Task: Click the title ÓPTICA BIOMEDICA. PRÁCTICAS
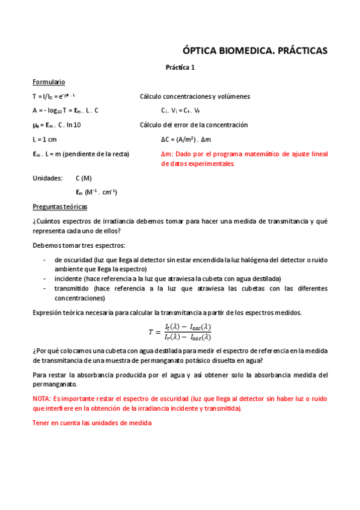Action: click(255, 51)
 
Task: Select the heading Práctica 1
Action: click(180, 68)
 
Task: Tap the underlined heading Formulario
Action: click(49, 82)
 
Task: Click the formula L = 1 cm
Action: click(44, 139)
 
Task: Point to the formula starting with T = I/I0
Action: click(54, 96)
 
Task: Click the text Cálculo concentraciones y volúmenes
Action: click(195, 96)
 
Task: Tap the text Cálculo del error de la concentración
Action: click(194, 124)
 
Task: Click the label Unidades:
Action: click(47, 179)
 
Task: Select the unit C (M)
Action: click(84, 179)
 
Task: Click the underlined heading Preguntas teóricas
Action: click(59, 207)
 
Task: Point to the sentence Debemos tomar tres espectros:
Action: click(79, 245)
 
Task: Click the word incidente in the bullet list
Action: click(68, 278)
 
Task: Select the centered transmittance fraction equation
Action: click(180, 331)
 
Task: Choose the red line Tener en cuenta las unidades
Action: click(92, 423)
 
